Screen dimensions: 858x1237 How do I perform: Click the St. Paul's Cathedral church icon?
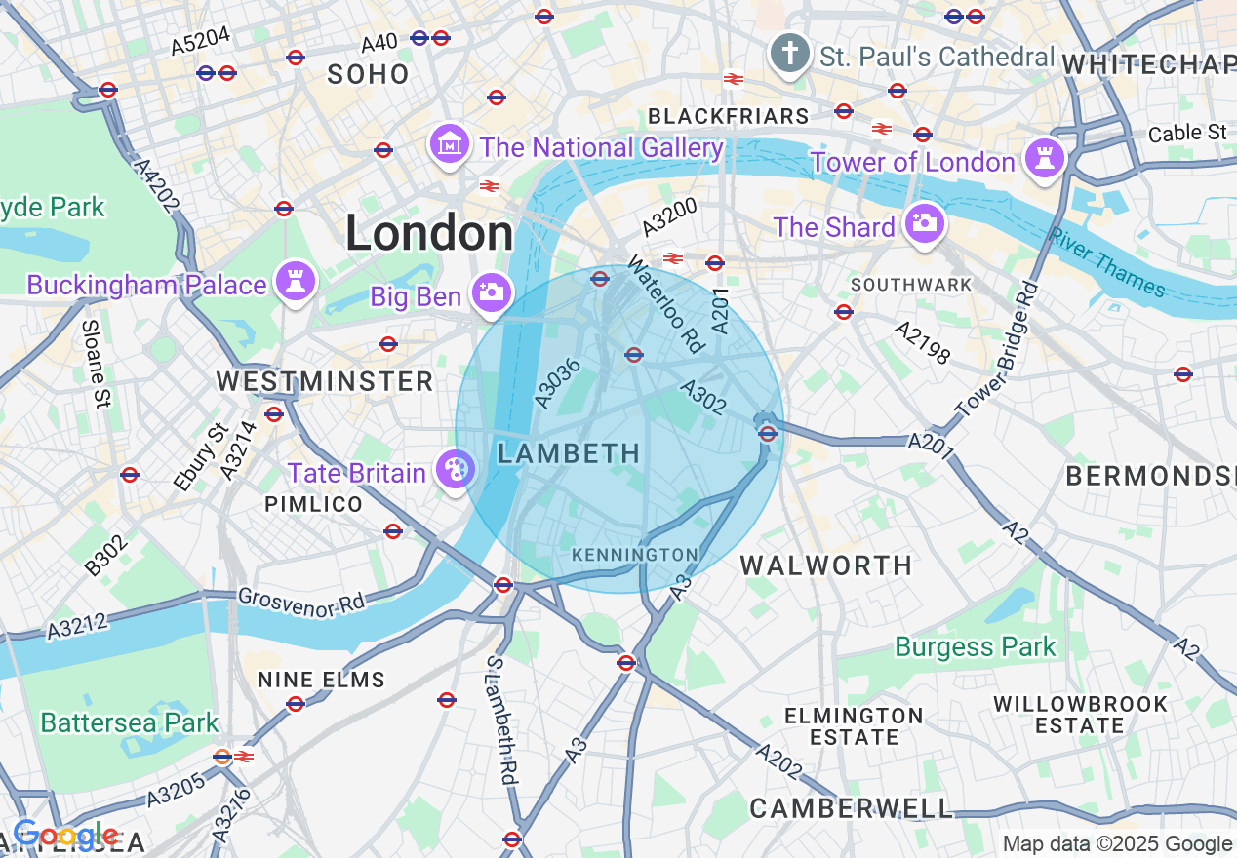pos(789,55)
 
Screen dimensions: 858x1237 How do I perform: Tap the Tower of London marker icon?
pos(1043,158)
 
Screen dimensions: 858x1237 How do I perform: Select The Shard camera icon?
pos(922,224)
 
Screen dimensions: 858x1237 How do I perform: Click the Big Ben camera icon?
pos(490,292)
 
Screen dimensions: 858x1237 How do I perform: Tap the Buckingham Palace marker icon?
pos(295,282)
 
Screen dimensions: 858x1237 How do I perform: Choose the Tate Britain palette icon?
pos(454,470)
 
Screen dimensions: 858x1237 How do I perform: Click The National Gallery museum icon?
pos(449,145)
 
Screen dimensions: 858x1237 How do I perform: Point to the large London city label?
pos(429,234)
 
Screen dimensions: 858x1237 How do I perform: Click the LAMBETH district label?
pos(569,453)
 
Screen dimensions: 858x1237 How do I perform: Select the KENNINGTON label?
pos(634,555)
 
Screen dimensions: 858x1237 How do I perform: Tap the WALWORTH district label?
pos(826,565)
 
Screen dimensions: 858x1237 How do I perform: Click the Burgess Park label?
pos(976,647)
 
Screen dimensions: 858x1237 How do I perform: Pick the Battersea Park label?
pos(130,723)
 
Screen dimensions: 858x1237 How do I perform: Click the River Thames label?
pos(1107,262)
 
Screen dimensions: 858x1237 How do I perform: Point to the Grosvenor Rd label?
pos(301,602)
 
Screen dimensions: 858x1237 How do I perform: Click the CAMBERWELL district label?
pos(851,808)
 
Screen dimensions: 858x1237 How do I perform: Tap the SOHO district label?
pos(368,74)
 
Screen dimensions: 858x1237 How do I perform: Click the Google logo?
pos(65,836)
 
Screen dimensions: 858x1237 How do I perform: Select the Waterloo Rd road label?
pos(664,303)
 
